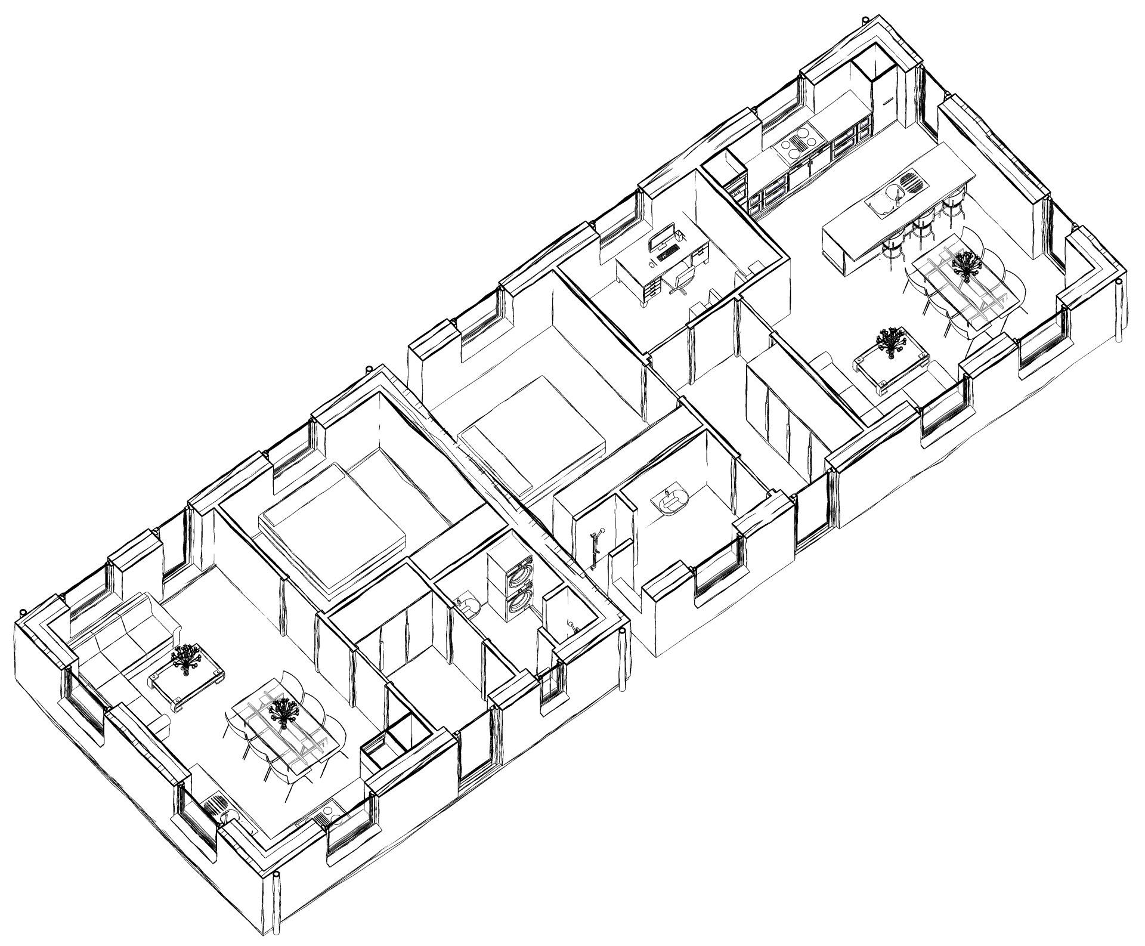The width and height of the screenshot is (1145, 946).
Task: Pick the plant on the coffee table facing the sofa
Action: point(187,658)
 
